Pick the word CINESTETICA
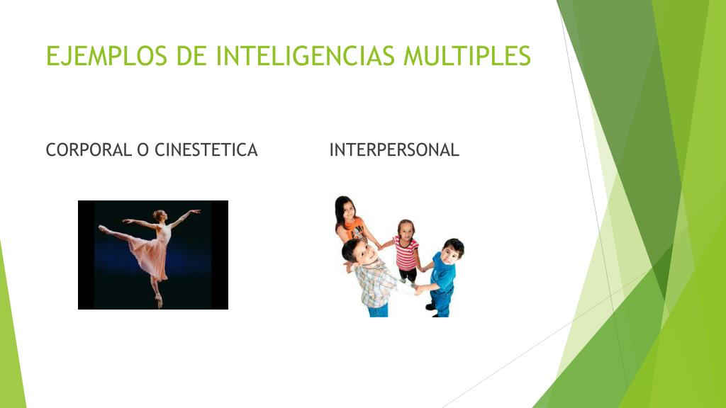[x=206, y=150]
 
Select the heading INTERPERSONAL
[x=394, y=150]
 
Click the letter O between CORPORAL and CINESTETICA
[x=142, y=150]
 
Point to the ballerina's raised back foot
[x=103, y=229]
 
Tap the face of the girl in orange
[x=345, y=210]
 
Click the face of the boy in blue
[x=452, y=252]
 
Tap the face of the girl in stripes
[x=406, y=229]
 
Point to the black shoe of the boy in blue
[x=430, y=307]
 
